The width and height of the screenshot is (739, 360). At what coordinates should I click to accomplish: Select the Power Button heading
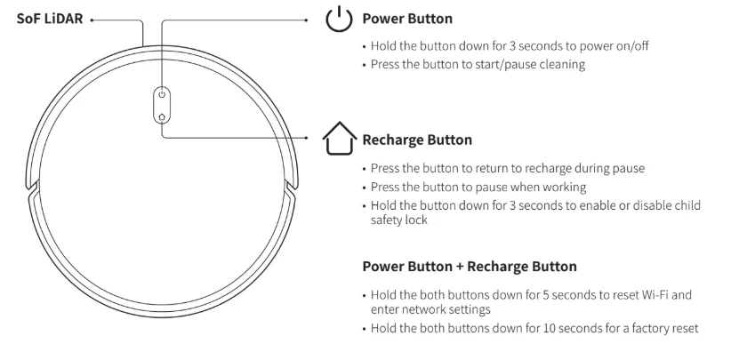click(x=406, y=19)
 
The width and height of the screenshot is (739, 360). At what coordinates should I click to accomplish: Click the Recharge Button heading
click(x=416, y=140)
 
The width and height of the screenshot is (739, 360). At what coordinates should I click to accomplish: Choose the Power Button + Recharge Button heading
click(x=470, y=266)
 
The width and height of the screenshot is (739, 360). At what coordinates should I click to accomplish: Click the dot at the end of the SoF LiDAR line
click(x=92, y=19)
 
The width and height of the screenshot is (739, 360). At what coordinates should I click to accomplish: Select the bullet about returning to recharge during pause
click(x=507, y=168)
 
